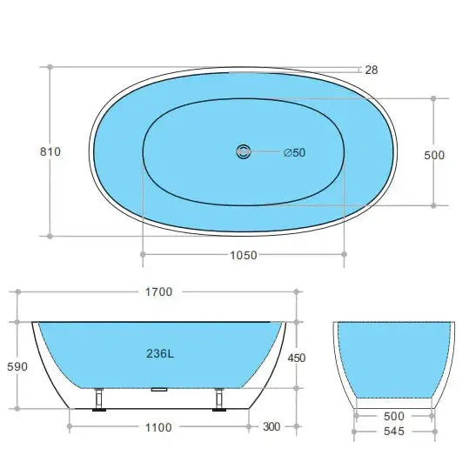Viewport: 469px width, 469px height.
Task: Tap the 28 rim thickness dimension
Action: point(371,70)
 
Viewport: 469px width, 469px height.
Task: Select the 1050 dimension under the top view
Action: point(243,255)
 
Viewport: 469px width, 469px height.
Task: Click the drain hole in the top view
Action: point(243,152)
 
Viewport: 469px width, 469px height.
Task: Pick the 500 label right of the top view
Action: point(433,155)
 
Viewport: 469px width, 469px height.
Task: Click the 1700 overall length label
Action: point(157,292)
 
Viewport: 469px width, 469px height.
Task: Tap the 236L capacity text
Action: point(158,354)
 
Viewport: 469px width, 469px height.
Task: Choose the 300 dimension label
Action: point(270,427)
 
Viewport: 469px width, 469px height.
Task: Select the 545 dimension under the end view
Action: point(394,432)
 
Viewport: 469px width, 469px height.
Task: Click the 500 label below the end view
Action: point(394,416)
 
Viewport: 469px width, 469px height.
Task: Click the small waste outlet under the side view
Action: point(158,391)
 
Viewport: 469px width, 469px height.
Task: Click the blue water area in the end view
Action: point(394,357)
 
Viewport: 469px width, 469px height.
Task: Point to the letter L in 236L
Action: point(171,354)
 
